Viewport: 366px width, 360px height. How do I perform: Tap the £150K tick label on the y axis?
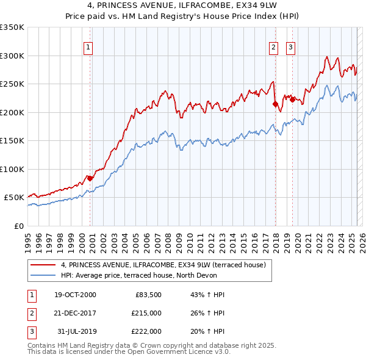(12, 141)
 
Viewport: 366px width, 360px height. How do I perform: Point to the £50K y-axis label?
(14, 198)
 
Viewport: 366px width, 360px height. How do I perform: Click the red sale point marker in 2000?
(90, 178)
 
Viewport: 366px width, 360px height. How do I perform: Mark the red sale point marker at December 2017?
(275, 104)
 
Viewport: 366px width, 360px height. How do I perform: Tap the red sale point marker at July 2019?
(292, 100)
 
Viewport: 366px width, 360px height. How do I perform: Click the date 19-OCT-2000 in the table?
(75, 295)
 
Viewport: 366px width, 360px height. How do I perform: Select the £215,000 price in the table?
(146, 313)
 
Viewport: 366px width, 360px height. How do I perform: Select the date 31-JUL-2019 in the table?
(75, 331)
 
